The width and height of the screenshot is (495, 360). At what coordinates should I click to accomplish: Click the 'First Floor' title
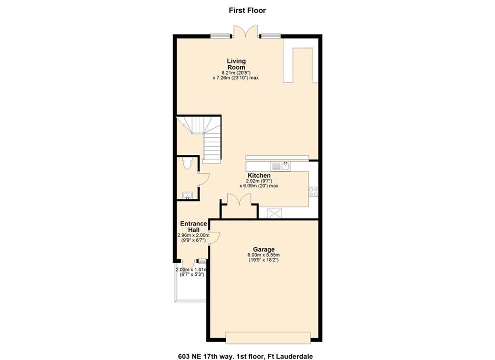247,11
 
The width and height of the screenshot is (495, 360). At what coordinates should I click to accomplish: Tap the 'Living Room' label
236,64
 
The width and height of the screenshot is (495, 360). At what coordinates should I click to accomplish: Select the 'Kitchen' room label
259,176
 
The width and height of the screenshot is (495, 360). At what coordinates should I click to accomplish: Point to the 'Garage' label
263,249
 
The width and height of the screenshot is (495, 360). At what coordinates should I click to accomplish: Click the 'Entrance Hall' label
193,226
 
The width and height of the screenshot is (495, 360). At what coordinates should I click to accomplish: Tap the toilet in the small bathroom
187,163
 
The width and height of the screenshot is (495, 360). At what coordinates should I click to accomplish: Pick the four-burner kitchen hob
313,192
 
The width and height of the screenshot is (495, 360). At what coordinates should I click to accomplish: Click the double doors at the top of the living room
247,31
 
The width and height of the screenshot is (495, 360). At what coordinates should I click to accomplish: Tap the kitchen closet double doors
239,200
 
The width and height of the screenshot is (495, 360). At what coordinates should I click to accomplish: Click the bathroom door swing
204,180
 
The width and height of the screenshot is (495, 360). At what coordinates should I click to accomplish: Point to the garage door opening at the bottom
268,337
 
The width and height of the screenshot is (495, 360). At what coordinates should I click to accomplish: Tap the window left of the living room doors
221,36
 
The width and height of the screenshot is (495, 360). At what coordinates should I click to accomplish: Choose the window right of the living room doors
271,36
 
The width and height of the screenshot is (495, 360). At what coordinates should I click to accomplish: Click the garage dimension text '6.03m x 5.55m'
263,255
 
